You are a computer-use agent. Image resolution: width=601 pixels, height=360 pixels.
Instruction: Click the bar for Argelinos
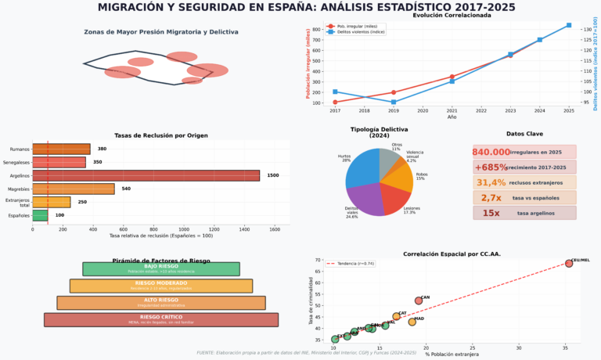[146, 175]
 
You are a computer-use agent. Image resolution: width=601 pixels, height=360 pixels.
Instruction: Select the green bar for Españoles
[40, 215]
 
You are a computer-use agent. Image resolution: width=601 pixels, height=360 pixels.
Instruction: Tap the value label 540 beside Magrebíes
[126, 189]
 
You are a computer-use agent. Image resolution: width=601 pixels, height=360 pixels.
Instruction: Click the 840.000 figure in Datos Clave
[491, 152]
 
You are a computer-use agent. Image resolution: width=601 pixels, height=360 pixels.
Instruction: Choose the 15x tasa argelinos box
[524, 213]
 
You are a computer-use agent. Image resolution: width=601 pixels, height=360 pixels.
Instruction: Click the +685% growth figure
[490, 167]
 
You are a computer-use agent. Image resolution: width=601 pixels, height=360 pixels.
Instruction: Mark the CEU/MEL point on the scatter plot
[569, 264]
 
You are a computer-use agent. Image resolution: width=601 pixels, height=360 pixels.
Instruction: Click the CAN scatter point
[419, 301]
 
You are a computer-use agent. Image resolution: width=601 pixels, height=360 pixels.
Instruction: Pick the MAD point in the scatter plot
[412, 322]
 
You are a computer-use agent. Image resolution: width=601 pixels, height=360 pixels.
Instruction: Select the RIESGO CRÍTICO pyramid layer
[160, 319]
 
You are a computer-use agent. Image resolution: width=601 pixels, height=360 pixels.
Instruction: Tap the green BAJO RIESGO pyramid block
[160, 268]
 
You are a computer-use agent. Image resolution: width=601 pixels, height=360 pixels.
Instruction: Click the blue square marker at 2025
[569, 25]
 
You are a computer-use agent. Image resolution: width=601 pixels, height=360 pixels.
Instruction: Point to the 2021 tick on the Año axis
[452, 110]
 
